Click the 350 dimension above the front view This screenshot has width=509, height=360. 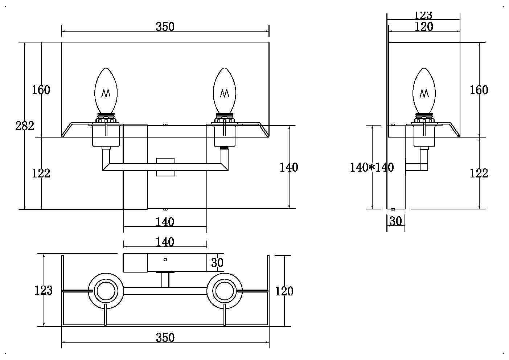pyautogui.click(x=165, y=26)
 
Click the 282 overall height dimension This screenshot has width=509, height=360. pyautogui.click(x=25, y=126)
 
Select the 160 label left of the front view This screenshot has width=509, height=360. pyautogui.click(x=41, y=90)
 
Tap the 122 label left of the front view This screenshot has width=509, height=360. pyautogui.click(x=41, y=173)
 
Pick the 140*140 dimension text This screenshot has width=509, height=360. pyautogui.click(x=372, y=167)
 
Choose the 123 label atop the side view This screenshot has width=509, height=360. pyautogui.click(x=423, y=15)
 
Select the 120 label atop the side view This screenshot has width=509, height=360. pyautogui.click(x=423, y=26)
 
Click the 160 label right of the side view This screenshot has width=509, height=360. pyautogui.click(x=479, y=90)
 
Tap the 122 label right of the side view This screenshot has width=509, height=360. pyautogui.click(x=479, y=173)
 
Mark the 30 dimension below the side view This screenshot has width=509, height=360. pyautogui.click(x=395, y=221)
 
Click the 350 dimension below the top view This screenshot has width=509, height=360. pyautogui.click(x=165, y=337)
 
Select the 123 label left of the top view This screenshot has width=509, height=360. pyautogui.click(x=44, y=290)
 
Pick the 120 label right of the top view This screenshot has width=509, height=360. pyautogui.click(x=284, y=291)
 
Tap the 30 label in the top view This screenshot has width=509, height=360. pyautogui.click(x=217, y=262)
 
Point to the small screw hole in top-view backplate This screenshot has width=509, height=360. pyautogui.click(x=165, y=259)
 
